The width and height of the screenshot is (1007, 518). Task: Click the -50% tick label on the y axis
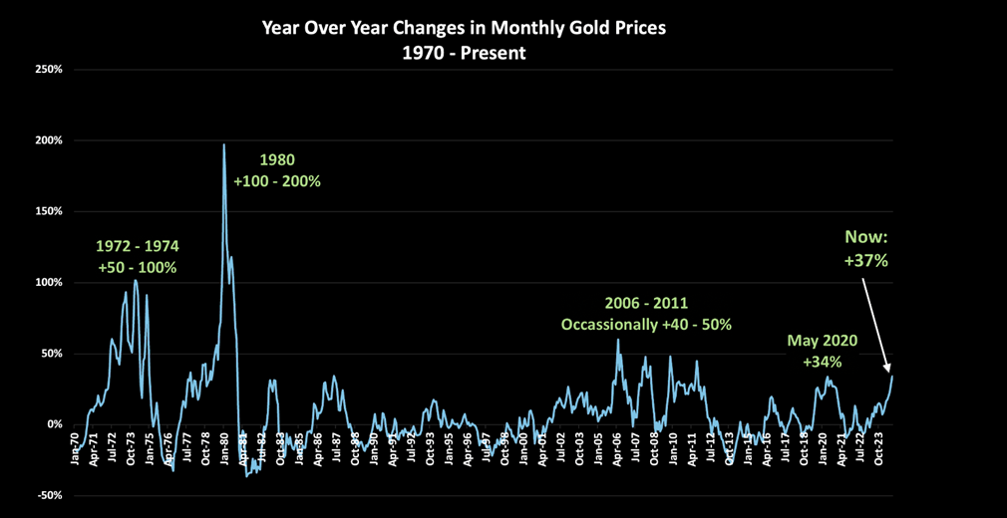coord(50,495)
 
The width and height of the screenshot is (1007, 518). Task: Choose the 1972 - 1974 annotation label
coord(138,245)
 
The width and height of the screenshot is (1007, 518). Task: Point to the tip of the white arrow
coord(890,372)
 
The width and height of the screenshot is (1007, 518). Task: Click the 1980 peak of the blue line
coord(223,144)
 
